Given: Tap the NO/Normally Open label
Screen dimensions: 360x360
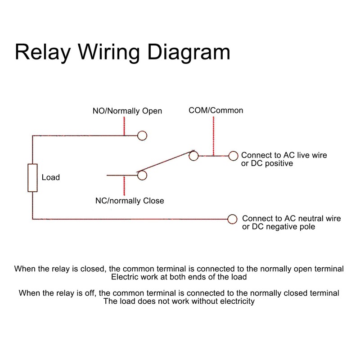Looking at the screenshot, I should click(127, 111).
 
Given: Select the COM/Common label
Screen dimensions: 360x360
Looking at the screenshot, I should click(216, 110).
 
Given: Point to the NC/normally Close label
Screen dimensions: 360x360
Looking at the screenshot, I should click(130, 201).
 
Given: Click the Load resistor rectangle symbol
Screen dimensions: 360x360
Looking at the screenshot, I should click(32, 178).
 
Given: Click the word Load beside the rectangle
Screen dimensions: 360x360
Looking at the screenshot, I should click(50, 177).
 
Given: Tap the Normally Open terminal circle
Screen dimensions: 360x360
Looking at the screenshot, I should click(142, 135).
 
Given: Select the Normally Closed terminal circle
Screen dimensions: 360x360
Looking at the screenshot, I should click(142, 175).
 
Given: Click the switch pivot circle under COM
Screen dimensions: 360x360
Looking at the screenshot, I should click(193, 156).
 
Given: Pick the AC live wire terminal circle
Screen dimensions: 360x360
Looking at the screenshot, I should click(233, 156).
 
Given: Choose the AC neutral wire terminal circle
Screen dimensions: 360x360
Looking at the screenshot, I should click(232, 219).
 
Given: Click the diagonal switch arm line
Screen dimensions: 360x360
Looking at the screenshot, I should click(166, 163).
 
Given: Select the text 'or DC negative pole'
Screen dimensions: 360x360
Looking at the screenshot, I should click(279, 227).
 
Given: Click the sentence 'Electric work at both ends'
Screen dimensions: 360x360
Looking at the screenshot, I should click(179, 277).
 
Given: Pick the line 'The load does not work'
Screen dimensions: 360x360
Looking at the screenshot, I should click(179, 301).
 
